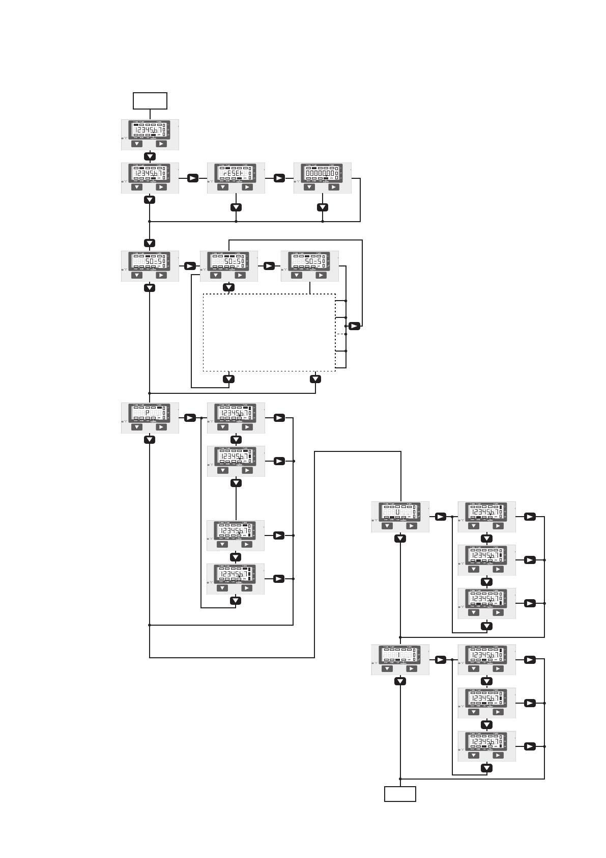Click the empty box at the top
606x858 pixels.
(x=150, y=101)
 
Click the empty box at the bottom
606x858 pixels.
(x=400, y=794)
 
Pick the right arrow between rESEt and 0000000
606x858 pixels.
(x=279, y=178)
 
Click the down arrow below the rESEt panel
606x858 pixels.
(x=236, y=207)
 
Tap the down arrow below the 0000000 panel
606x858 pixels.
(x=323, y=207)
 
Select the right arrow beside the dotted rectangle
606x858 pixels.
(x=355, y=326)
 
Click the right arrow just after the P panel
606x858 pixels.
(x=190, y=418)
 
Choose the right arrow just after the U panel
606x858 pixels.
(x=441, y=517)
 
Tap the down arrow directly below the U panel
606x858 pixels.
(x=400, y=539)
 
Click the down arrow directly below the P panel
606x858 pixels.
(x=150, y=440)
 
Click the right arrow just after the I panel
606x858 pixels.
(x=441, y=660)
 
